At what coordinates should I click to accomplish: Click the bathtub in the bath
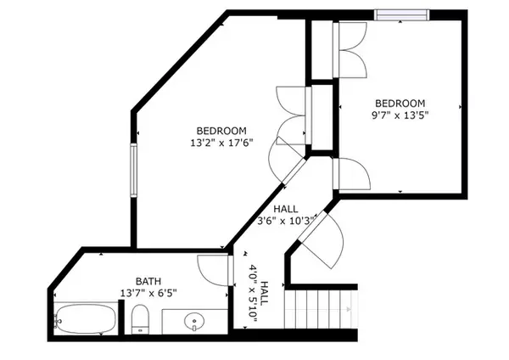85,318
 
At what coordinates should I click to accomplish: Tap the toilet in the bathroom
140,319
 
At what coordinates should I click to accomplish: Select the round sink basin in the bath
194,322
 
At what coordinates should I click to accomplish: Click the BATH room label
148,281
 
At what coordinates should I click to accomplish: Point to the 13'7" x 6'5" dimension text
148,294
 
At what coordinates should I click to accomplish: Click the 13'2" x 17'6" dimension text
221,143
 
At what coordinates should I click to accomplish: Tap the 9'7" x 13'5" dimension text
400,115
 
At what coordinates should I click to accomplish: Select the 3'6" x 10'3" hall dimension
286,221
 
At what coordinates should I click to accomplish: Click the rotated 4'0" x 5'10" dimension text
253,293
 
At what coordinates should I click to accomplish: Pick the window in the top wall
401,15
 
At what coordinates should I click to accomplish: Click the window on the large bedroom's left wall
133,171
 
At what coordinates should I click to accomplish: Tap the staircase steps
321,309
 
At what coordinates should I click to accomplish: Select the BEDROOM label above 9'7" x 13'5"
400,104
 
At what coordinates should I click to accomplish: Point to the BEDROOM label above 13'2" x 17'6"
221,131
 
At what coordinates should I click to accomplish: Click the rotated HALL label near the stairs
265,293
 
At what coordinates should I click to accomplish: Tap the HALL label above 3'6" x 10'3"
286,209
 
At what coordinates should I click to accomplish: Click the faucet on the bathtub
58,321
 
